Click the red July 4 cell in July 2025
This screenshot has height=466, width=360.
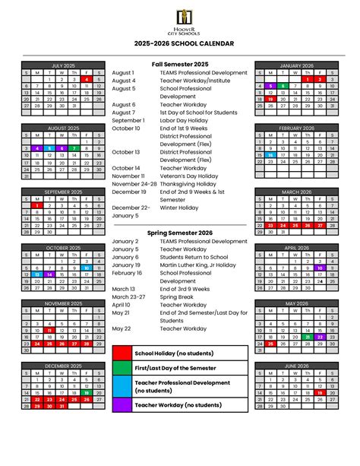coord(87,79)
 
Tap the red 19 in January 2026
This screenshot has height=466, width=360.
coord(270,99)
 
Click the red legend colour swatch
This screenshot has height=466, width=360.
coord(122,353)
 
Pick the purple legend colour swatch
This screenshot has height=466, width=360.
coord(122,406)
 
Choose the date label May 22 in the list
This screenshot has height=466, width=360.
coord(122,328)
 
